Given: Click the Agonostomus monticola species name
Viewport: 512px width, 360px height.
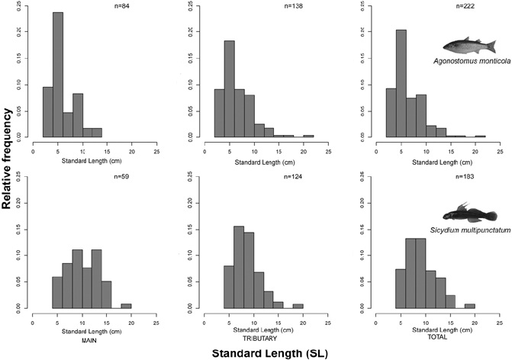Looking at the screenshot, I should (x=465, y=60).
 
